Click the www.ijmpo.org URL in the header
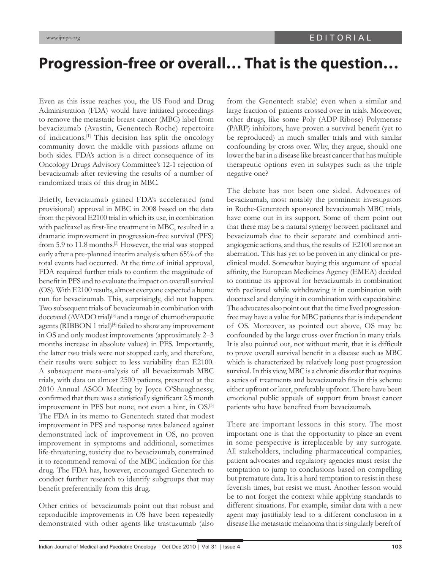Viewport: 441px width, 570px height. coord(63,38)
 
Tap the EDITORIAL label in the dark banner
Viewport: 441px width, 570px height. coord(340,38)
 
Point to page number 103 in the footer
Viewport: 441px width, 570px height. coord(396,547)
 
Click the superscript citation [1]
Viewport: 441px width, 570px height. coord(89,136)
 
